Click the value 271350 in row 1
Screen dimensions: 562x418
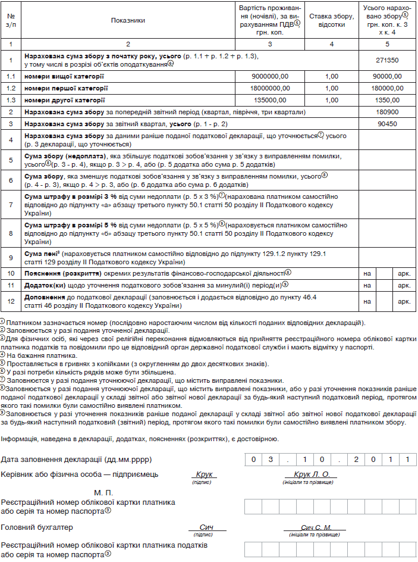click(387, 60)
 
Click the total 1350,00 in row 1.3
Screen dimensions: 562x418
click(387, 100)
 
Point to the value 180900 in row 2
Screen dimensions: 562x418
click(387, 112)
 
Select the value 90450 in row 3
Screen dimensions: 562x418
click(387, 124)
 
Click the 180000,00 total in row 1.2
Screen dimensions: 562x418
click(387, 88)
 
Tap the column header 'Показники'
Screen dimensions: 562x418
click(128, 20)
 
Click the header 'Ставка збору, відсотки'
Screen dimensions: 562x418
click(331, 21)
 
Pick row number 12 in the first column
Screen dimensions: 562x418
click(11, 301)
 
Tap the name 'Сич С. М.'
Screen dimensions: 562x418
click(316, 527)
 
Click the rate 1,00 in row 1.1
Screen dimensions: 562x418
click(331, 77)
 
